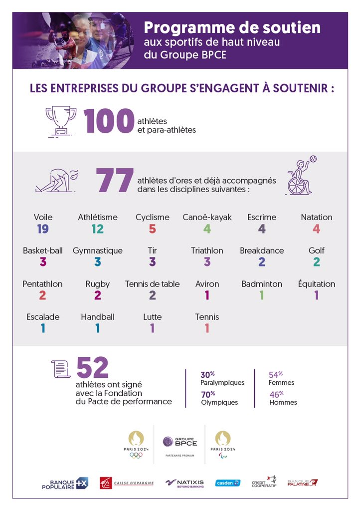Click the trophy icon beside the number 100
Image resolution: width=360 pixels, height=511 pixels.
[x=61, y=121]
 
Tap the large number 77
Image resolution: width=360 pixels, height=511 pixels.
[x=115, y=181]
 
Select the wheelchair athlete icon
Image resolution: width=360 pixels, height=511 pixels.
[x=300, y=176]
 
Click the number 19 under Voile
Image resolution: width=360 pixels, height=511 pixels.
[x=43, y=229]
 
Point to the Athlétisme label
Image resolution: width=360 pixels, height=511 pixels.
[x=98, y=217]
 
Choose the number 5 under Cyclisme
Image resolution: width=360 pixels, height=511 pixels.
[x=153, y=229]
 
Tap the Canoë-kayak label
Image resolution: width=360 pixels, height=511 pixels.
[x=207, y=217]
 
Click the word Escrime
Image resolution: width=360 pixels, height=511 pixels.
[x=262, y=217]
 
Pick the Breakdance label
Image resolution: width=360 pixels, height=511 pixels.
[x=262, y=251]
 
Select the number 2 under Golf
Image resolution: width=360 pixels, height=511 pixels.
[x=317, y=262]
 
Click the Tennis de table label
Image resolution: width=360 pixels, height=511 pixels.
[x=153, y=284]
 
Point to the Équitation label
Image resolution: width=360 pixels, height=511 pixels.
[x=317, y=284]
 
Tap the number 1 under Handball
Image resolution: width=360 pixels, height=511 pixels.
[x=98, y=328]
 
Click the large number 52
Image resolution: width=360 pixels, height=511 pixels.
[x=92, y=368]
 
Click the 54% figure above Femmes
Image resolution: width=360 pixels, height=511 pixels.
[x=276, y=374]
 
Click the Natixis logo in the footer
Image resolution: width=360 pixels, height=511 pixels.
[x=184, y=483]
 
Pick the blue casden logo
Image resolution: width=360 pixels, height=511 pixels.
[x=227, y=483]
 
